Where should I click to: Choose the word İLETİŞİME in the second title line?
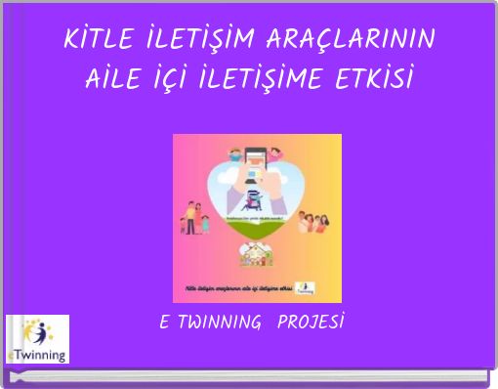point(271,77)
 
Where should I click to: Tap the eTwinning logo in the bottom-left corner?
point(37,338)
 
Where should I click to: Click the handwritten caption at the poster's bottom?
point(240,289)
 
